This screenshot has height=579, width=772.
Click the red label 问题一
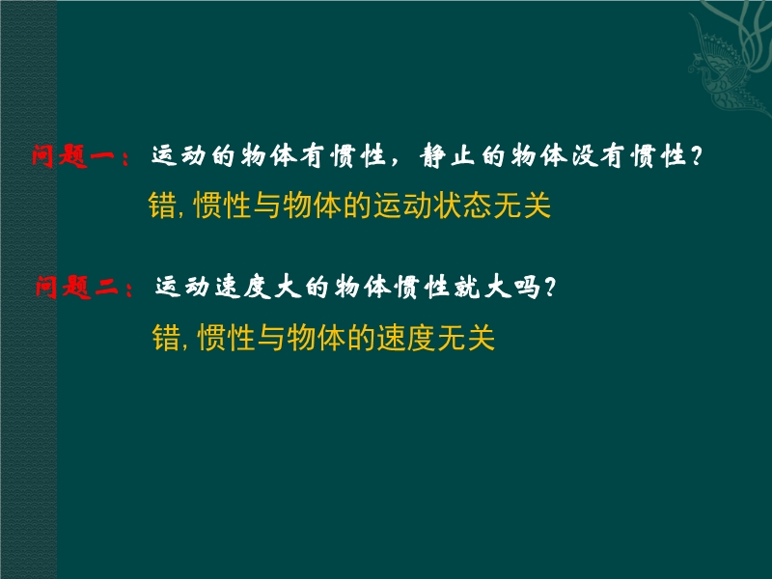coord(73,156)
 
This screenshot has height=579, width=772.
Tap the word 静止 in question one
coord(447,156)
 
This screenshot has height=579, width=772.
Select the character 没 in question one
coord(584,156)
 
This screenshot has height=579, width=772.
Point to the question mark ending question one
coord(695,156)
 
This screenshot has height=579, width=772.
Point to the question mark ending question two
coord(549,287)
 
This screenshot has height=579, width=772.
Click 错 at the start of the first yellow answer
coord(162,206)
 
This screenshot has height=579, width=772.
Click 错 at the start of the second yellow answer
coord(166,337)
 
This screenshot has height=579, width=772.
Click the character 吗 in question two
coord(527,287)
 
